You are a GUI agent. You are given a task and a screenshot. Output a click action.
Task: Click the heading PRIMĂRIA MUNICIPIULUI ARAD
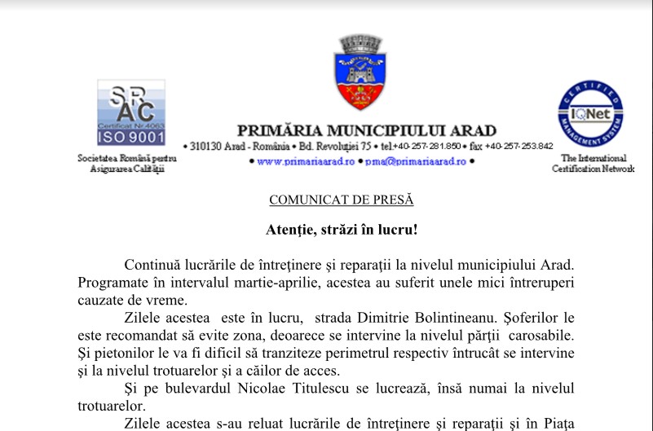366,130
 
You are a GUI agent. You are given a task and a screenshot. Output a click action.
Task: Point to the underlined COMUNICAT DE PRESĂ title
342,200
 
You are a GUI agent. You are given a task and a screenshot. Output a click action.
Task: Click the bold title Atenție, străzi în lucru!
342,230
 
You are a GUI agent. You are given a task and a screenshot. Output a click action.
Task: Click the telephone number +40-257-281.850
426,147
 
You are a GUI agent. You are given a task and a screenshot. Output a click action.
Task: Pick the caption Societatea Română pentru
127,158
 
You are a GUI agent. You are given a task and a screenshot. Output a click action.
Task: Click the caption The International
593,158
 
